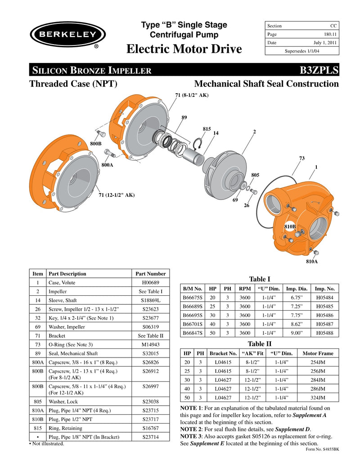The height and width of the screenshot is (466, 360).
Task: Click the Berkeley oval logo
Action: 67,35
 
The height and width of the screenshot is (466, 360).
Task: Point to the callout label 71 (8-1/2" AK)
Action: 191,95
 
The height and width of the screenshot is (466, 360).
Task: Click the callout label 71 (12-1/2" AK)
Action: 117,195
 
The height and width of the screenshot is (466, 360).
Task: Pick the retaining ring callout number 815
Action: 207,129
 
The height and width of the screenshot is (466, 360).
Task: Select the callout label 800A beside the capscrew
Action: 107,165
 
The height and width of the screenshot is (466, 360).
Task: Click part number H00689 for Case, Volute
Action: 150,283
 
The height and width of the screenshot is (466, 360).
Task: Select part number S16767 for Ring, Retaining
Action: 151,428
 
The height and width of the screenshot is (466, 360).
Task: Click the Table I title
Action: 259,280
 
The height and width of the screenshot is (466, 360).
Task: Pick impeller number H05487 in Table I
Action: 324,324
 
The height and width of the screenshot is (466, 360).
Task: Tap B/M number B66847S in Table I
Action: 192,333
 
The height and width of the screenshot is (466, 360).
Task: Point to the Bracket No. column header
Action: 223,353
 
